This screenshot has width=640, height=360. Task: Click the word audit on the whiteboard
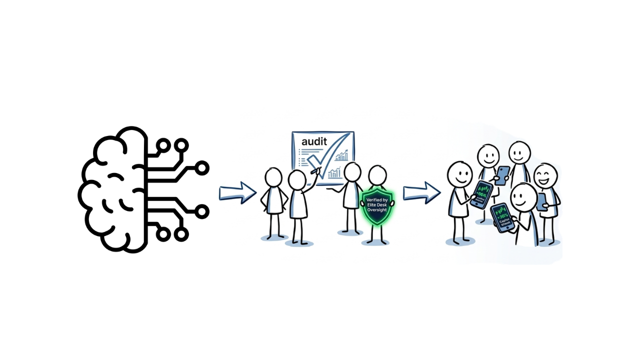point(314,141)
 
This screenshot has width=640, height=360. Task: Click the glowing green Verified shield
point(377,206)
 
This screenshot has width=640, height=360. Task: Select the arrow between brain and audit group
point(237,193)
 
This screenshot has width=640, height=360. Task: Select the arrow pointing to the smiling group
point(421,193)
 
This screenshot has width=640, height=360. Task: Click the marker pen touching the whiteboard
point(315,171)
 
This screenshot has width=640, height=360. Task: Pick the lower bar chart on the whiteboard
point(334,173)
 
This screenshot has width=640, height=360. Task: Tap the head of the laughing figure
point(545,175)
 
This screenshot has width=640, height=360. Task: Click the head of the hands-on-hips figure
point(273,177)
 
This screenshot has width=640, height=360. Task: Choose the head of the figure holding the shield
point(377,176)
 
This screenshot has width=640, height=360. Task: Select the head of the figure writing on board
point(297,180)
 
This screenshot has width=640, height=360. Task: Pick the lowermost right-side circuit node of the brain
point(181,234)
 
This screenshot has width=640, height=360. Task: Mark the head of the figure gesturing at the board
point(352,172)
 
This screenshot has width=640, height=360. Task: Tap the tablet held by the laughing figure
point(541,201)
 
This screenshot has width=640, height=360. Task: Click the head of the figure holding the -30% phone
point(523,198)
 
